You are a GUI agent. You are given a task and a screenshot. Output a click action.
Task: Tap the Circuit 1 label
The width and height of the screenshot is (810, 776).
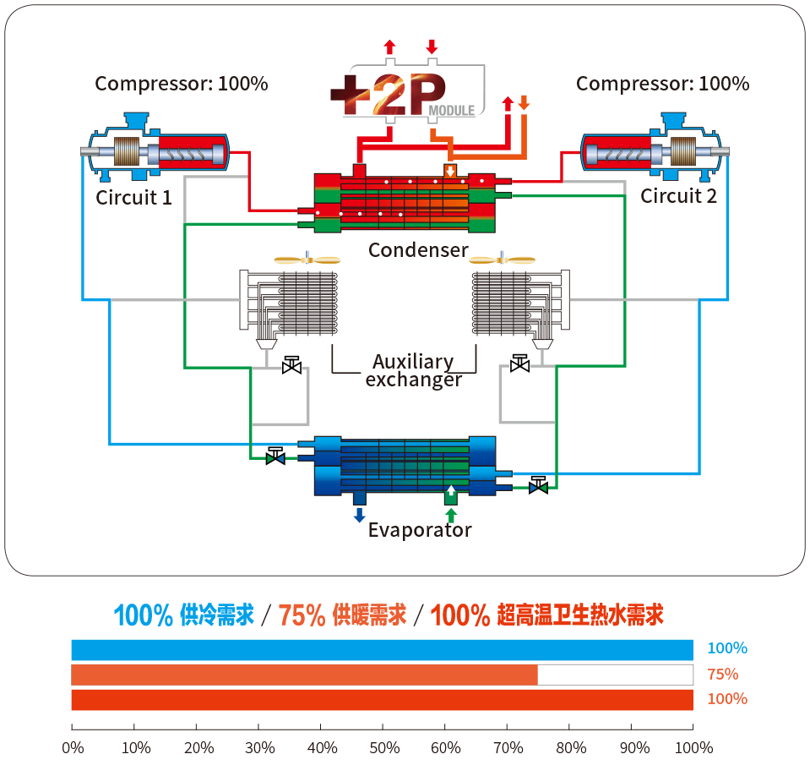[133, 199]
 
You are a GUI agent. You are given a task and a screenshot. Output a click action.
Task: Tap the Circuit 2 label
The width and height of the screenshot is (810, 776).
[678, 197]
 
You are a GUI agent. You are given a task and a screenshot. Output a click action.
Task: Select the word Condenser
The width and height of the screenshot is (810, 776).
[417, 250]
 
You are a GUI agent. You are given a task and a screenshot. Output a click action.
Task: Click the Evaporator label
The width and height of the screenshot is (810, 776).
[419, 531]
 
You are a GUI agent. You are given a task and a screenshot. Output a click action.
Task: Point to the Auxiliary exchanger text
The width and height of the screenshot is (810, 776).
[413, 371]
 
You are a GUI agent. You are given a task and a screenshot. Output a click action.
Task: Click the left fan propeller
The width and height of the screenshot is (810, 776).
[307, 260]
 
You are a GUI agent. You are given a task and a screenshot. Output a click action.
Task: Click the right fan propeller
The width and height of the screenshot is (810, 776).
[503, 260]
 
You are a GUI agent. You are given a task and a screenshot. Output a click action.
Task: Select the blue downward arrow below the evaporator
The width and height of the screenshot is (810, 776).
[359, 515]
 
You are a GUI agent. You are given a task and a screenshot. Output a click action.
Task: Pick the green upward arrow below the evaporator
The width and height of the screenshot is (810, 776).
[450, 515]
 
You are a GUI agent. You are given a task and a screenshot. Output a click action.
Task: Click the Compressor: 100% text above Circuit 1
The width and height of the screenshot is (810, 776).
[181, 84]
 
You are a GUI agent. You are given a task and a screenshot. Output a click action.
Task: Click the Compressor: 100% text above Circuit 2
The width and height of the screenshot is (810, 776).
[662, 84]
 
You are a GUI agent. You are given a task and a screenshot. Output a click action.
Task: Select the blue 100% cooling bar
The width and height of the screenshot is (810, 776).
[382, 649]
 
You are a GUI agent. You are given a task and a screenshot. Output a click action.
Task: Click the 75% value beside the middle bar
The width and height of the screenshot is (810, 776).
[723, 674]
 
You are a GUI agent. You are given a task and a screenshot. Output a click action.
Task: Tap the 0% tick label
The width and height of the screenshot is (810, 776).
[73, 748]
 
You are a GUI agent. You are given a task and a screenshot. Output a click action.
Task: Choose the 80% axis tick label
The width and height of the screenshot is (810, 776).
[572, 748]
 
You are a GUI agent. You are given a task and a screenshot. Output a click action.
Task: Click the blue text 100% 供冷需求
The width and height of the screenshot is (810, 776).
[183, 615]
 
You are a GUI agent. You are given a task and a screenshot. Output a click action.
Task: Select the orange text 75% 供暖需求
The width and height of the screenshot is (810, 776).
[342, 615]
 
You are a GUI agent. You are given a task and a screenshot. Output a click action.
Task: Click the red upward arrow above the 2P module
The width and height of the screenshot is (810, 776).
[389, 47]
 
